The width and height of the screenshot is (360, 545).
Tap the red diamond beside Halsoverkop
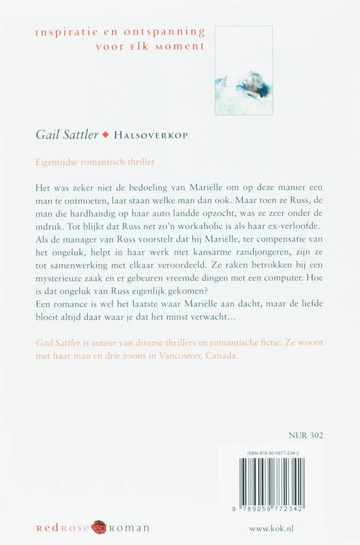point(105,135)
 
